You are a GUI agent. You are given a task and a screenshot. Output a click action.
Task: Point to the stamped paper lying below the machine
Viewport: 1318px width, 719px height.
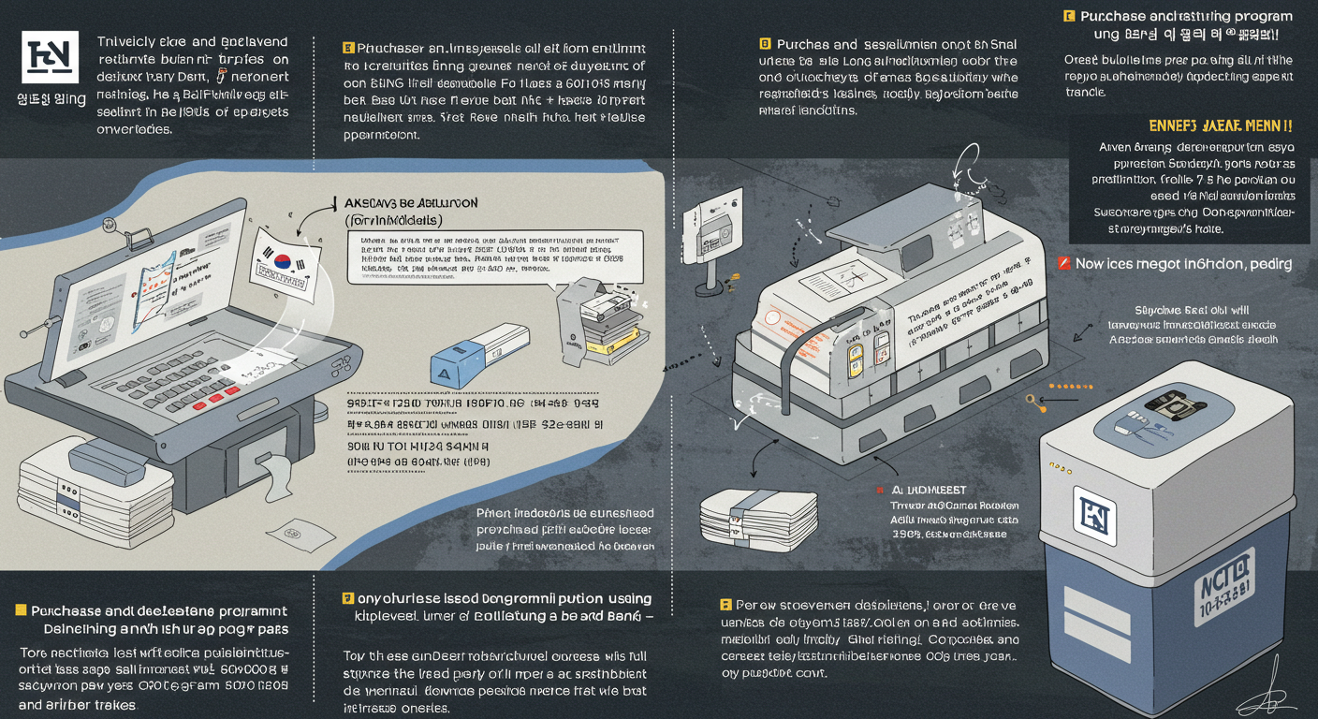coord(304,536)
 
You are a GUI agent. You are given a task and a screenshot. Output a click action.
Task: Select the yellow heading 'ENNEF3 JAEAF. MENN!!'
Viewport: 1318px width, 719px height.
coord(1220,125)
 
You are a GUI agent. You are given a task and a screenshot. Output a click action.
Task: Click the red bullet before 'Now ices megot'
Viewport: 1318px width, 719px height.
coord(1063,264)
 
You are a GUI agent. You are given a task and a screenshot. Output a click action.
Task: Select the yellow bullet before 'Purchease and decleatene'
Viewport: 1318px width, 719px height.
coord(21,610)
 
